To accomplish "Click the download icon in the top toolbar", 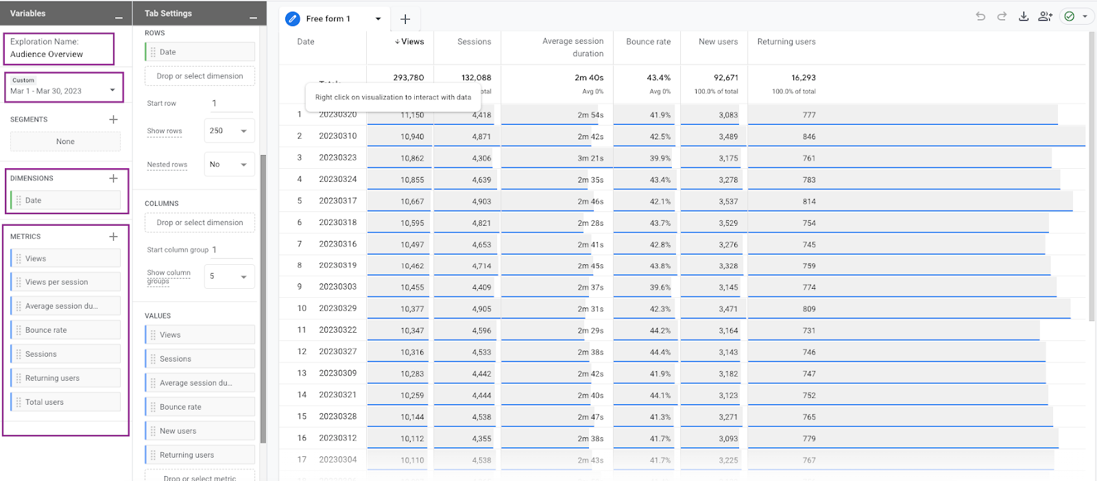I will (1024, 16).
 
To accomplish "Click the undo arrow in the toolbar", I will (980, 16).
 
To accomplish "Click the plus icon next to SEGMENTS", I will (114, 119).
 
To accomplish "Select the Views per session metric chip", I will (66, 282).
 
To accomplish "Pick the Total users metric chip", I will (66, 402).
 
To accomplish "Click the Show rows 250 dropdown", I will (229, 131).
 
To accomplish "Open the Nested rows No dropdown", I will (229, 165).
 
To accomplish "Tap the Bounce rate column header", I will (648, 42).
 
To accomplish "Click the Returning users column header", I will (786, 42).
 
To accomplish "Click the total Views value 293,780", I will (409, 78).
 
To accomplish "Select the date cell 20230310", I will (337, 136).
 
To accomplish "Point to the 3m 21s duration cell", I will (590, 159).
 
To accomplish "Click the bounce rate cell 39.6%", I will (660, 288).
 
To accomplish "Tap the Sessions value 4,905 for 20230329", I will (481, 309).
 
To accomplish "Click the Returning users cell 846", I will (809, 137).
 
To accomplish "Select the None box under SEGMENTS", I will (65, 142).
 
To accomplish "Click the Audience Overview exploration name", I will (47, 54).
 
